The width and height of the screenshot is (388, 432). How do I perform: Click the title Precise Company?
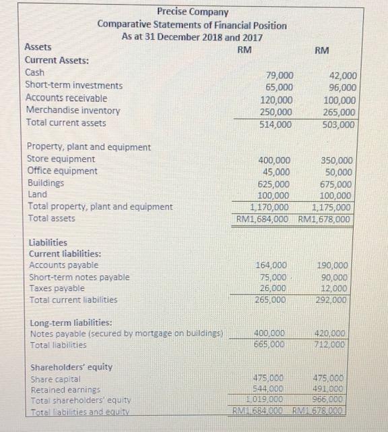(193, 11)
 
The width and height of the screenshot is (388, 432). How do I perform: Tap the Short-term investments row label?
(73, 85)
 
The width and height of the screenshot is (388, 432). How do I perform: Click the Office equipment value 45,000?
(278, 171)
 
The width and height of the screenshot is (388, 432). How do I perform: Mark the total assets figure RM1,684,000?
(263, 219)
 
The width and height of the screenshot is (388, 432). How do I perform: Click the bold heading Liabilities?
(48, 242)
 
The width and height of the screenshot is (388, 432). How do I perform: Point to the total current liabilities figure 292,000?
(333, 300)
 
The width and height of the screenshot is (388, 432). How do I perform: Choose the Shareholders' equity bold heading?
(72, 367)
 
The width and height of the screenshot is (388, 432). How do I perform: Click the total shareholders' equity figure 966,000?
(333, 400)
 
